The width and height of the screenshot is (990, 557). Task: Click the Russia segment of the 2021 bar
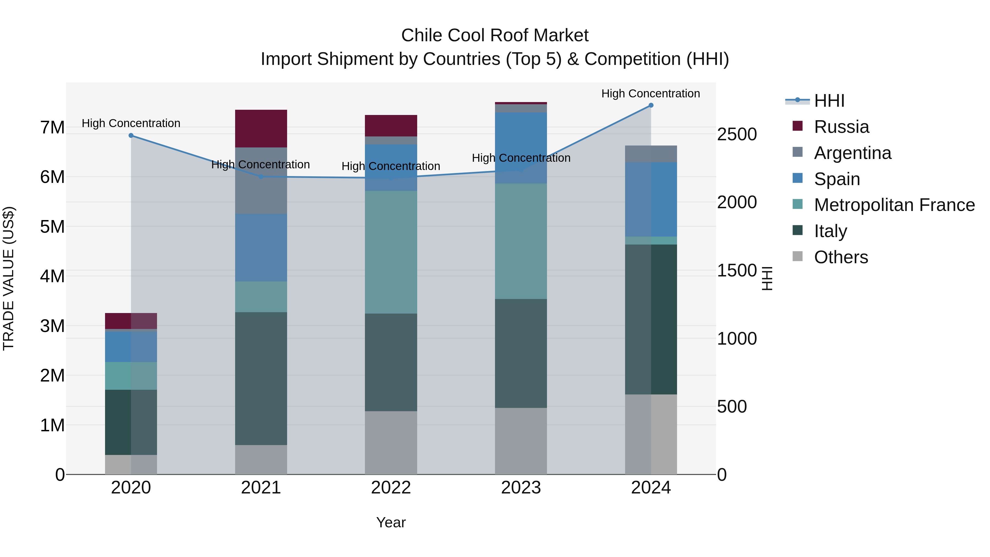[x=261, y=128]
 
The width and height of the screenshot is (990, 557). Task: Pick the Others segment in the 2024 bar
[x=651, y=434]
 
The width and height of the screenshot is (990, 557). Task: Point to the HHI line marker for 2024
[x=651, y=105]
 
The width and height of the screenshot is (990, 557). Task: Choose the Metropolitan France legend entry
[x=894, y=205]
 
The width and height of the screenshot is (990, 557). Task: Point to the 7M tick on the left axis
[x=52, y=128]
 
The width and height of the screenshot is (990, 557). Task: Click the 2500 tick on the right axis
[x=737, y=135]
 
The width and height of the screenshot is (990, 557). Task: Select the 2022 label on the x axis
[x=391, y=488]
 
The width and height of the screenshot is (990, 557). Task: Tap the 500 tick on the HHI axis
[x=732, y=407]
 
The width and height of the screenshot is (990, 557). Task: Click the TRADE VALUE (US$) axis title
[x=9, y=278]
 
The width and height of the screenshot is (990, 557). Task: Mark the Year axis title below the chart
[x=391, y=522]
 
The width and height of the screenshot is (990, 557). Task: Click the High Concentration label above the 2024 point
[x=650, y=94]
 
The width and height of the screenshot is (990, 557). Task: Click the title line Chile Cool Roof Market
[x=495, y=35]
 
